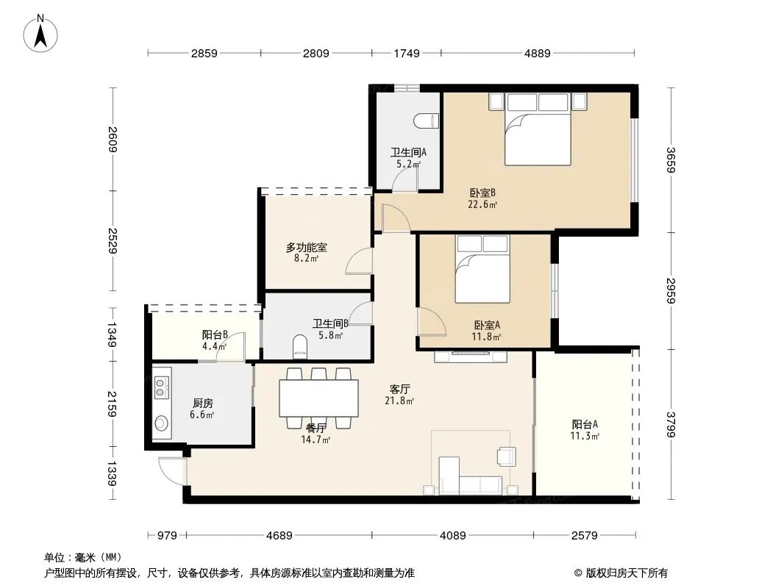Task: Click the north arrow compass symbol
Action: pos(40,34)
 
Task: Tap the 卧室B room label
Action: pos(482,193)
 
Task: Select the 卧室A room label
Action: pos(486,325)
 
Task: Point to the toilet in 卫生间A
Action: pos(427,121)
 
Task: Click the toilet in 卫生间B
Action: pos(299,346)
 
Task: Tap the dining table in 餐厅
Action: pos(318,398)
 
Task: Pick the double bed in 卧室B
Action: pos(538,129)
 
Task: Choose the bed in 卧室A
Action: pos(482,269)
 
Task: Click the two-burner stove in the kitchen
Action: pos(161,387)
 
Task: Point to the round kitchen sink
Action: pos(161,423)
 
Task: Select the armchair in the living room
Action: pos(507,456)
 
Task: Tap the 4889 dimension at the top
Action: pos(538,53)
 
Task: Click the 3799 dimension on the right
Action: pos(671,424)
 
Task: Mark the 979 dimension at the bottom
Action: pos(167,536)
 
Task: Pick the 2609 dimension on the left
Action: pos(113,140)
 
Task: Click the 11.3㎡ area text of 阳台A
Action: pos(585,436)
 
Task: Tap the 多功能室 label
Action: pos(307,247)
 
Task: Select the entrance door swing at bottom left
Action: pos(172,471)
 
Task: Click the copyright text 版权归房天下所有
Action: pos(627,573)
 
